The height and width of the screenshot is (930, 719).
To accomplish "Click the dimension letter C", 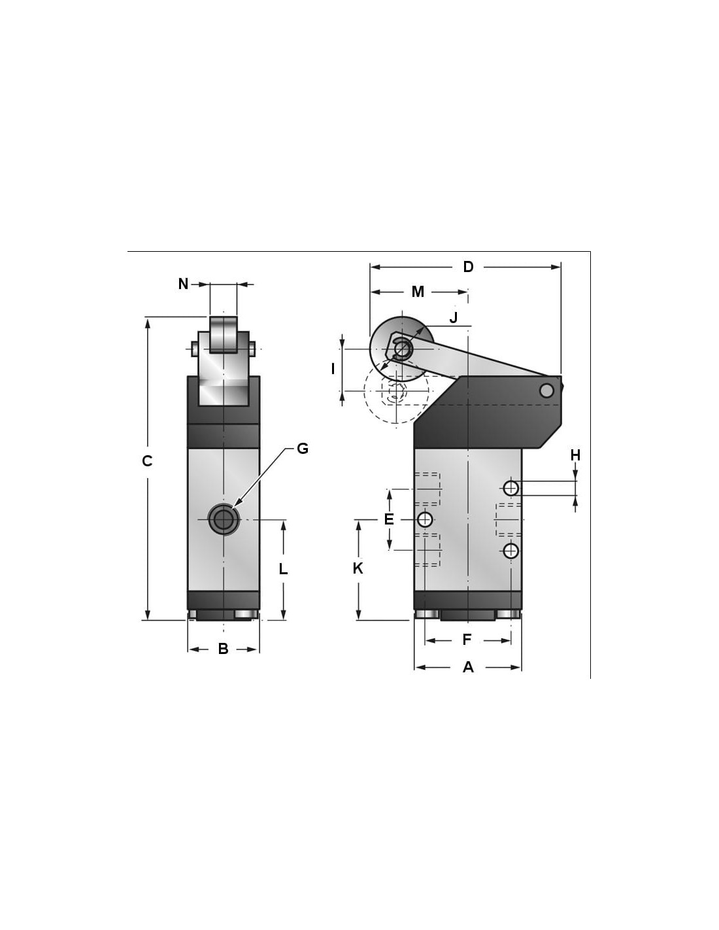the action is pos(147,461).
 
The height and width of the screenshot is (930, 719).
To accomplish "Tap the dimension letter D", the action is pos(469,267).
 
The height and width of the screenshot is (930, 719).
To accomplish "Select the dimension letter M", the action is pos(418,292).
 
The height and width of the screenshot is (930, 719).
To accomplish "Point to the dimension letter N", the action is pos(183,284).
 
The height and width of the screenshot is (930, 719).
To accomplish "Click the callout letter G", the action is pos(303,449).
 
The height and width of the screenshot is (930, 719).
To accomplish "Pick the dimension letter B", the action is pos(223,649).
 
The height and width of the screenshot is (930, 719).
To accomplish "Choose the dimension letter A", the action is pos(469,667).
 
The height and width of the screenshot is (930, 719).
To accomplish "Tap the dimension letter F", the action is pos(467,640).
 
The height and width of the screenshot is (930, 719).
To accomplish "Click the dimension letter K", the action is pos(358,568).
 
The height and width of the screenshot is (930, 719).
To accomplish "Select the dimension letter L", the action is pos(283,569).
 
